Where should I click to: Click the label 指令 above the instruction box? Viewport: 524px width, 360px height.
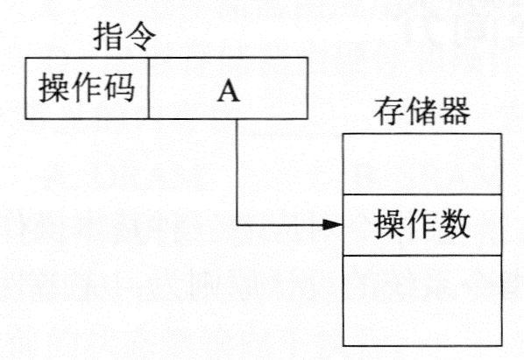[124, 37]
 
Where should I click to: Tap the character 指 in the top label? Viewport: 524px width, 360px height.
[108, 37]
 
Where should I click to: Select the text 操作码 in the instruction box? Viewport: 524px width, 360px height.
[87, 88]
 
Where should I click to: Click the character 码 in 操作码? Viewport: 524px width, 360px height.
[120, 88]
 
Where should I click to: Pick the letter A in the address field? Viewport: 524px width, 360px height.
[229, 92]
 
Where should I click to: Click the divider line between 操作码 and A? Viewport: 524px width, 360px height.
[149, 88]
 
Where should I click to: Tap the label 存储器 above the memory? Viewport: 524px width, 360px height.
[422, 111]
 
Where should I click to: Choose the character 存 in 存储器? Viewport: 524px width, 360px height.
[389, 111]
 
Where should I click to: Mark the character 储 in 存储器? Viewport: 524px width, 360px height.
[422, 111]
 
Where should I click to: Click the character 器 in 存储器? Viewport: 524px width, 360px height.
[455, 111]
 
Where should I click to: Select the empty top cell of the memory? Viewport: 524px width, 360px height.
[422, 164]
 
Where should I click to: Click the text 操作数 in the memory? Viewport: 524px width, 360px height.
[422, 223]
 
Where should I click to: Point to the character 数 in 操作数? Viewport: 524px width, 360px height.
[455, 223]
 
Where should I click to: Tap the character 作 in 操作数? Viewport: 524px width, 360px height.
[422, 223]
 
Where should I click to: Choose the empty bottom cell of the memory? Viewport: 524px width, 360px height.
[422, 300]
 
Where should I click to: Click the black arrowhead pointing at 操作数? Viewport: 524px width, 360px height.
[332, 225]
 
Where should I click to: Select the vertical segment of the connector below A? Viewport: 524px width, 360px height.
[237, 172]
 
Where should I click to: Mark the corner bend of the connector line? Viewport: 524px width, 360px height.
[237, 225]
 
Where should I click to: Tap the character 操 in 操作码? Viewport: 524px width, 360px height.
[53, 88]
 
